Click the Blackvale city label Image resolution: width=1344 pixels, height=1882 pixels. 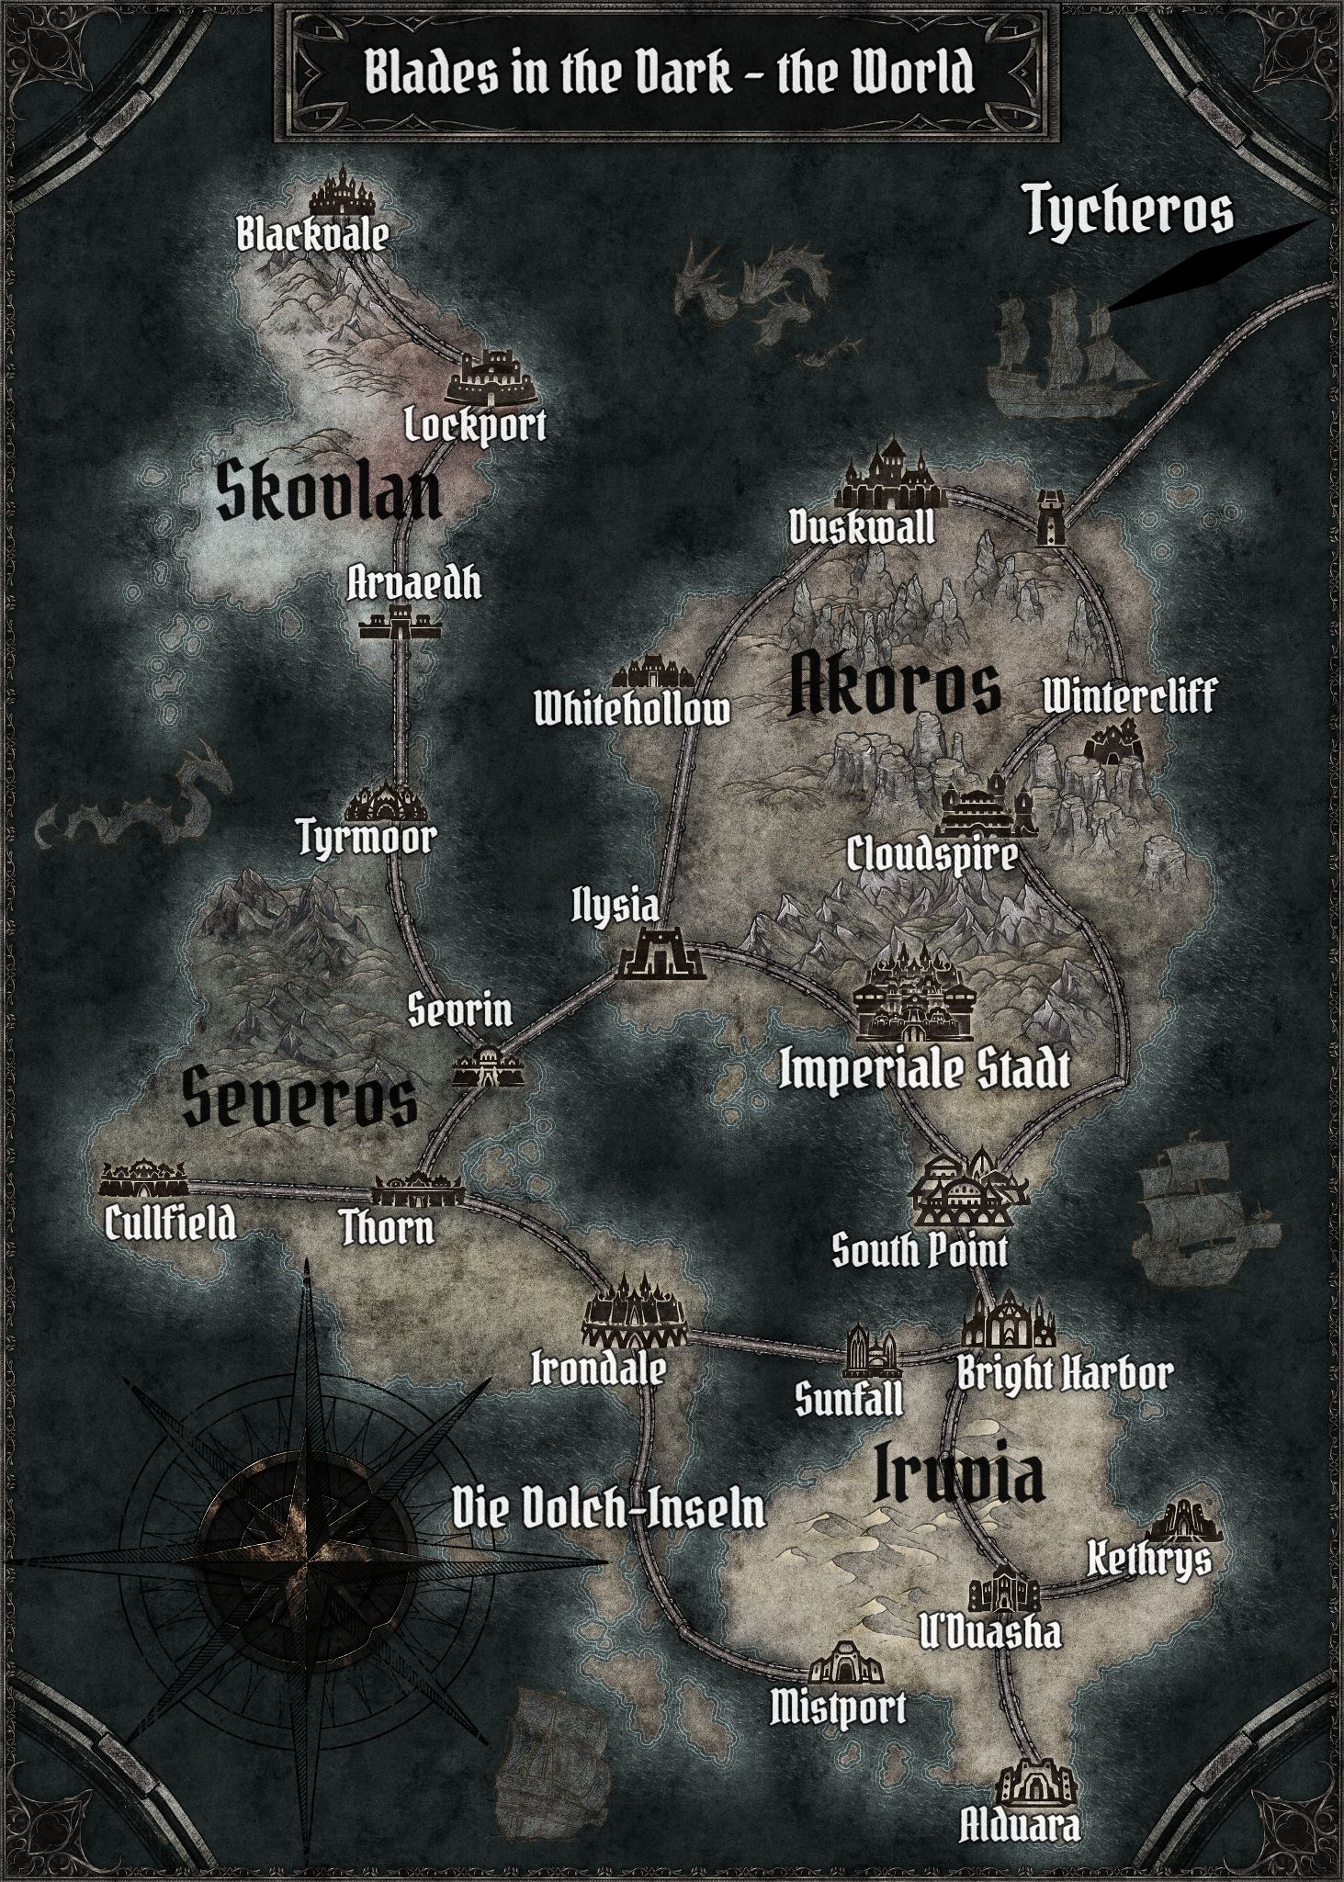312,235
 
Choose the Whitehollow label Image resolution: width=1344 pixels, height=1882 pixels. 633,708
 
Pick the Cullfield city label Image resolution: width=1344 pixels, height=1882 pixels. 170,1223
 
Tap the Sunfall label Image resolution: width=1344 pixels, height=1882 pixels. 849,1399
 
